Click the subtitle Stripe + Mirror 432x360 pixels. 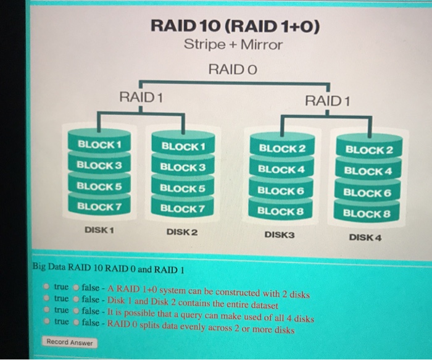click(233, 45)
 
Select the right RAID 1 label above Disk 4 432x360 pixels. click(327, 101)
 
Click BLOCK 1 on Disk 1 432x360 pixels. click(99, 144)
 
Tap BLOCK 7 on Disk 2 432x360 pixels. click(182, 209)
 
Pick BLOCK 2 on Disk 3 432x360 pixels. click(282, 149)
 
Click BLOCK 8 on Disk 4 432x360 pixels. click(367, 214)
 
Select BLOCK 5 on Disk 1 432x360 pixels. click(99, 185)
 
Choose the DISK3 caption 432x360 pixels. click(280, 235)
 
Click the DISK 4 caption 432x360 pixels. click(365, 237)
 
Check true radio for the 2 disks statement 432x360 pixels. click(48, 287)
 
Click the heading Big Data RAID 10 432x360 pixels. click(108, 270)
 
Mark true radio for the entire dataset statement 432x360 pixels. click(48, 298)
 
